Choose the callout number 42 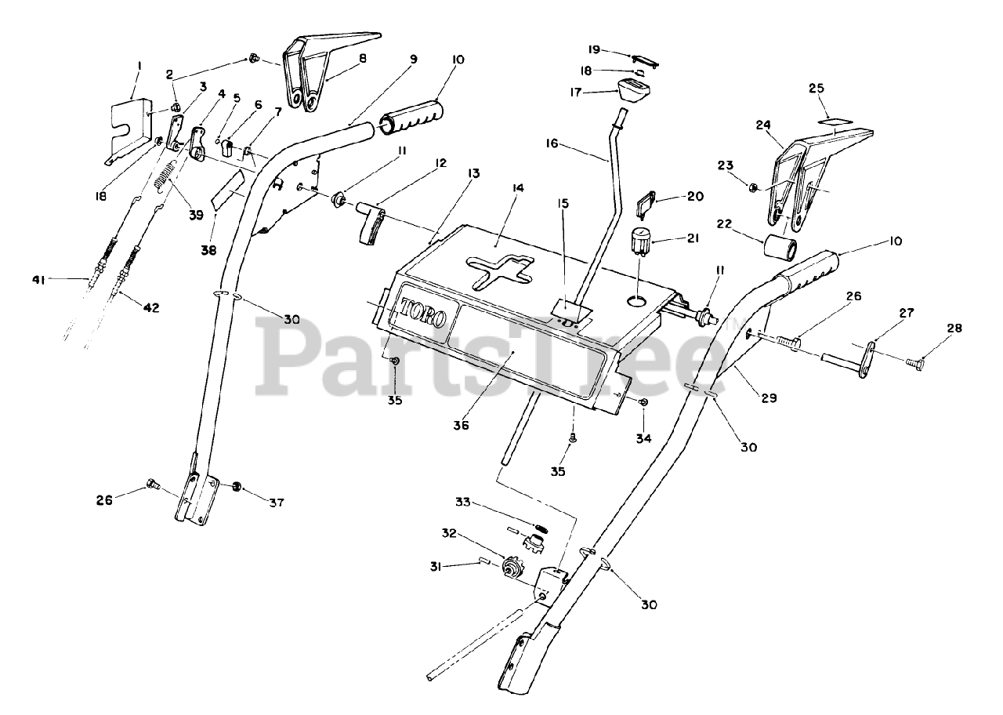coord(150,308)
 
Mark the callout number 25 coord(817,89)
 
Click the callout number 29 coord(769,398)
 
